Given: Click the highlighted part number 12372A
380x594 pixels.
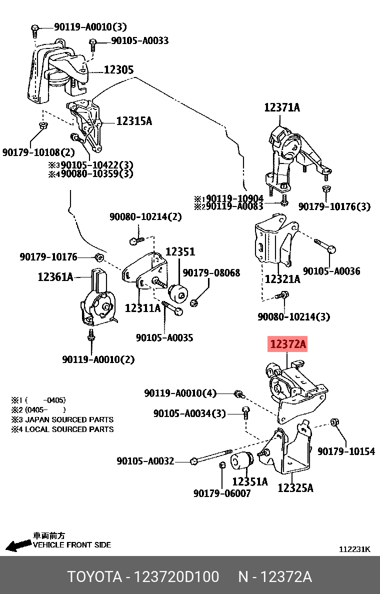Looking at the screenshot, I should [287, 344].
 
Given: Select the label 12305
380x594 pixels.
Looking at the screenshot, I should [118, 70].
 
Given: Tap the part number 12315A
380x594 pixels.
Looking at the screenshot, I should [133, 120].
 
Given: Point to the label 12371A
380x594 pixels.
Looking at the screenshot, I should [282, 107].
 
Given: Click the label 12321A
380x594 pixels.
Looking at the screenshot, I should [282, 279].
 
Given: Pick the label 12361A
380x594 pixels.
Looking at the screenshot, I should [55, 275].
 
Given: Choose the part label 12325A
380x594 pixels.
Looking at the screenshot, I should [295, 487].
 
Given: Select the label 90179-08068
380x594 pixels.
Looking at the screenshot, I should [211, 273].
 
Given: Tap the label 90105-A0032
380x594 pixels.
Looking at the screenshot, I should [145, 461].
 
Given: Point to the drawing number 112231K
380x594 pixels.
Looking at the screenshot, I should [354, 549].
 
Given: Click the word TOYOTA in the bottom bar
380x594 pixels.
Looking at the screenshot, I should [94, 577].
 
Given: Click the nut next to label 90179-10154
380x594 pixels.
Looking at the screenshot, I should [335, 423].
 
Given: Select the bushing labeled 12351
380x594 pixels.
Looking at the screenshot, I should [178, 292].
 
